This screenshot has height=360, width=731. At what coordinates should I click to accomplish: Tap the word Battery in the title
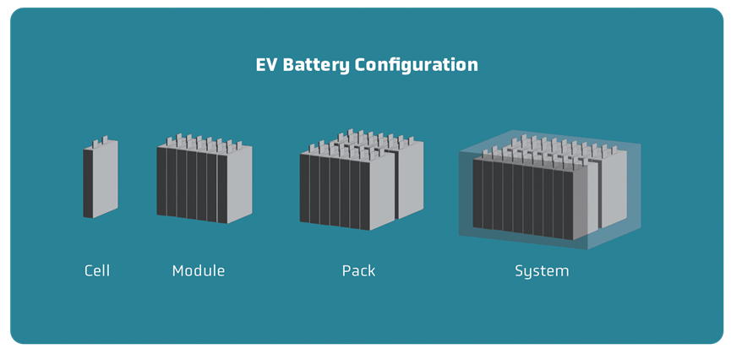click(315, 66)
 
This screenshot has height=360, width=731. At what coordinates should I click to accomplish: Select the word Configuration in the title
click(417, 66)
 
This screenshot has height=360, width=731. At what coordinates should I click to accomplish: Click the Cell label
click(97, 270)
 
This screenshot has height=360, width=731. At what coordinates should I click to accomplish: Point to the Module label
click(198, 270)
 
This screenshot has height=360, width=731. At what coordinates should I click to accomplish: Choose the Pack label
click(358, 270)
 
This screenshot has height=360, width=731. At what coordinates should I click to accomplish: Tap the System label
click(542, 271)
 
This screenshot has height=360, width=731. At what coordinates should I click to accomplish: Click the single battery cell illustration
click(101, 177)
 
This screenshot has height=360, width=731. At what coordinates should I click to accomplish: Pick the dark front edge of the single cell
click(88, 183)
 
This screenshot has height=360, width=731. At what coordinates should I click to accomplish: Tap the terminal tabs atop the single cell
click(101, 140)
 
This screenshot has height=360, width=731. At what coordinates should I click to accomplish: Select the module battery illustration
click(205, 178)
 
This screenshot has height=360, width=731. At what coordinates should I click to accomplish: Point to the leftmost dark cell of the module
click(161, 181)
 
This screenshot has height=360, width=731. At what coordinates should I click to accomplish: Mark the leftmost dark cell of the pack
click(304, 188)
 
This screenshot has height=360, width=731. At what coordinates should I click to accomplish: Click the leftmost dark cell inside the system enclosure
click(477, 194)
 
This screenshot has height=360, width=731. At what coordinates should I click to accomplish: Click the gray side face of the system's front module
click(586, 199)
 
